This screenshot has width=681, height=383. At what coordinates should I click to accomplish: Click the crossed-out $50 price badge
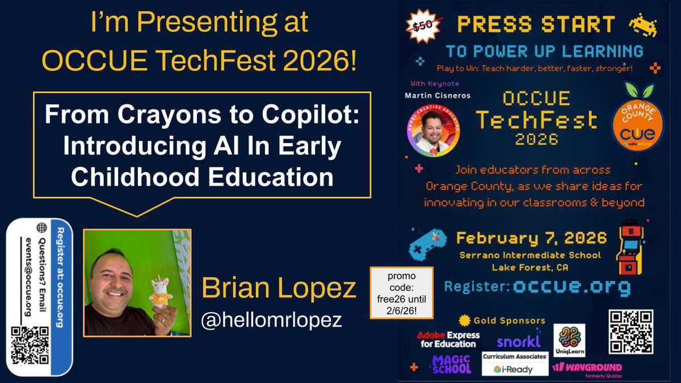(421, 25)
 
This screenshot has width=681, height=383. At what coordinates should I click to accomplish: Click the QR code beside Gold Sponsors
(630, 332)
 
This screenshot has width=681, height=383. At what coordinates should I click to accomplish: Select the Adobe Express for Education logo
(448, 340)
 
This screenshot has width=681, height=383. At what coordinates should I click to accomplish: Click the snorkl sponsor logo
(518, 340)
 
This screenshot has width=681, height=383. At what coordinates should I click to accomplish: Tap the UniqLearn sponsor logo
(568, 340)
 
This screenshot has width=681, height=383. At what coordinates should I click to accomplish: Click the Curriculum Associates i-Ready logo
(515, 364)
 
